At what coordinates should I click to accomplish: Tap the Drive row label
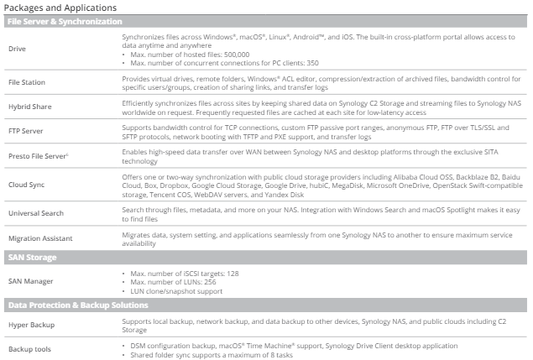coord(17,49)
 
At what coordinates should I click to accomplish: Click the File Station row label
coord(28,82)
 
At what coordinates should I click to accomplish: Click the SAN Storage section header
coord(34,258)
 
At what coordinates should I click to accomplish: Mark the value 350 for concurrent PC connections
coord(313,61)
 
